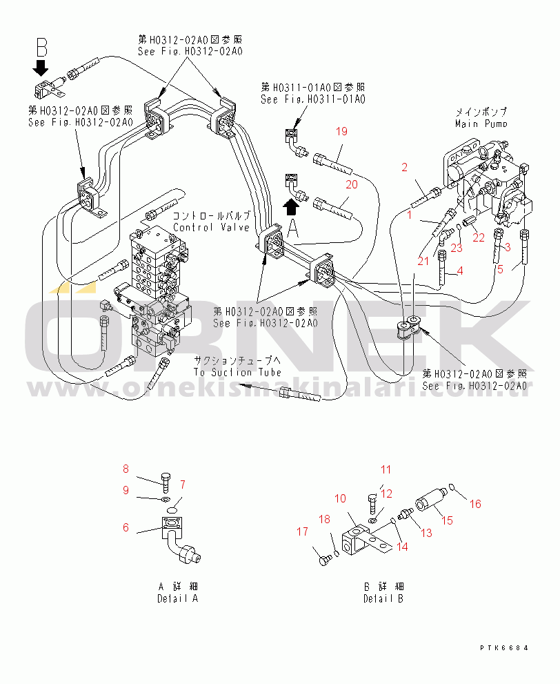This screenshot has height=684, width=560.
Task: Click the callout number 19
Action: point(342,131)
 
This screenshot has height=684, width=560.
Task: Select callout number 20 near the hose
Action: point(352,184)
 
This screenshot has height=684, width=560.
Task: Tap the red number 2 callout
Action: point(405,167)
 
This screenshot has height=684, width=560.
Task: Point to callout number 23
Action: point(457,248)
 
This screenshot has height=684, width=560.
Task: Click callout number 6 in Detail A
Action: point(126,527)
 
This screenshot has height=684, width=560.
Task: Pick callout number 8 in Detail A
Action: point(126,469)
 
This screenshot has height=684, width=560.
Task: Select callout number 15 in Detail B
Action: point(447,520)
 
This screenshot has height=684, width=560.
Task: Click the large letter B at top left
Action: point(41,48)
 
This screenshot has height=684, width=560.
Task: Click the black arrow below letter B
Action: point(41,68)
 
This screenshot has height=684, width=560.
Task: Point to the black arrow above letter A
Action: point(292,205)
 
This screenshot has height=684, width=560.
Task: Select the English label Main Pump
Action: point(481,124)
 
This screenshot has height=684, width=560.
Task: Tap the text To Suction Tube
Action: point(237,372)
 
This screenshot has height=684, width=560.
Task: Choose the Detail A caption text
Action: point(177,598)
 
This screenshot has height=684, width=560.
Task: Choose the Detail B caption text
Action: point(383,598)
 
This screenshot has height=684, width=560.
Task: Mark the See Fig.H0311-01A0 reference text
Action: point(312,99)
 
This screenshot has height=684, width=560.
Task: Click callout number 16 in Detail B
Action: point(475,504)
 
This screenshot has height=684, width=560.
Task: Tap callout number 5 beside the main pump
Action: point(501,268)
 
